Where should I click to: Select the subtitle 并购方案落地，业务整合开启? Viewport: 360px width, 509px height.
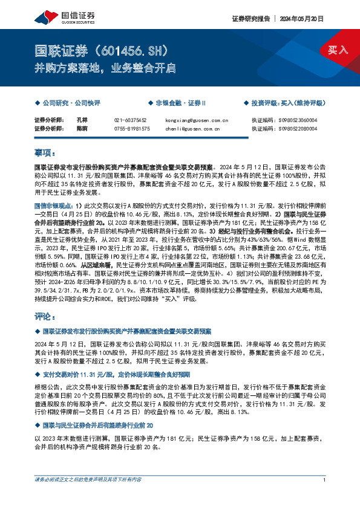click(x=104, y=68)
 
